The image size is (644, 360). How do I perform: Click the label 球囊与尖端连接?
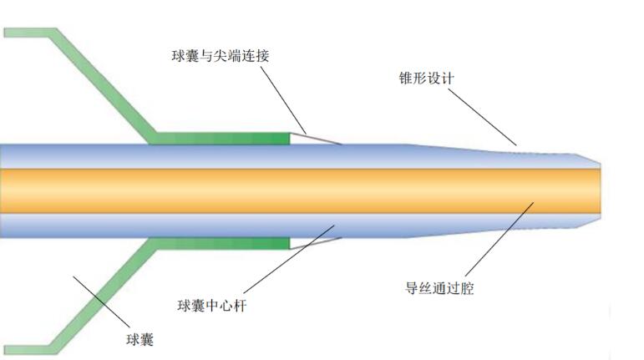tap(221, 55)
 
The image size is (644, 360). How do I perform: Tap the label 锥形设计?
tap(426, 78)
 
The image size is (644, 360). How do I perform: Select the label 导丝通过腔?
tap(439, 288)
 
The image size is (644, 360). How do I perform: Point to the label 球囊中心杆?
tap(212, 306)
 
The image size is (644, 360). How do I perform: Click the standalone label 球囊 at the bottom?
tap(139, 339)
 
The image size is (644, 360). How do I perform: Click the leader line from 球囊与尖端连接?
tap(283, 99)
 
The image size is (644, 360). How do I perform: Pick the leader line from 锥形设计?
tap(482, 117)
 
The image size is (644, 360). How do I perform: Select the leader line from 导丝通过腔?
tap(499, 239)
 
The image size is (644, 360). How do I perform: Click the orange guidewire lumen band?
tap(300, 191)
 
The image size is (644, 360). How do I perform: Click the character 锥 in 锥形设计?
tap(406, 78)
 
